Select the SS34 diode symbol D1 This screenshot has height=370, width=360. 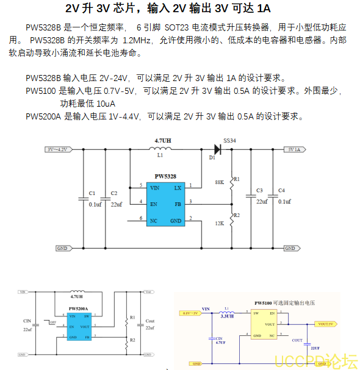click(215, 148)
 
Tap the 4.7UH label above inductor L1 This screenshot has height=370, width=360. click(163, 141)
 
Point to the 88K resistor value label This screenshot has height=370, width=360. click(220, 182)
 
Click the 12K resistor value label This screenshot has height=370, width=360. click(220, 223)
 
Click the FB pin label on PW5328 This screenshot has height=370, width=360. click(178, 204)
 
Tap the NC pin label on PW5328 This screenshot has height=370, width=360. click(154, 219)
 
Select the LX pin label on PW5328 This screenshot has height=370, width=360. click(178, 188)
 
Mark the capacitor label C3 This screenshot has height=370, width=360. click(259, 190)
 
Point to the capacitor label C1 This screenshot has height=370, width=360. click(92, 193)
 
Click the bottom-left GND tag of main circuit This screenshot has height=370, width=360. click(62, 249)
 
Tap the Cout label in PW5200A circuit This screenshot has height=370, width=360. click(150, 321)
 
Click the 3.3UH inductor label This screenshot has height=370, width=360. click(227, 316)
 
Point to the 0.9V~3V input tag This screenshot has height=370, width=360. click(190, 313)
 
